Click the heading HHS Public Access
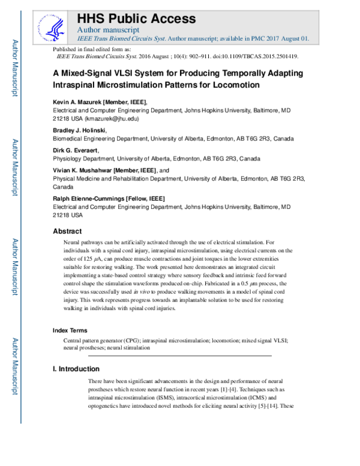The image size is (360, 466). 136,18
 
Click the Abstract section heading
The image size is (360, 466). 67,231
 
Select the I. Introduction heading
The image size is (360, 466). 76,369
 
